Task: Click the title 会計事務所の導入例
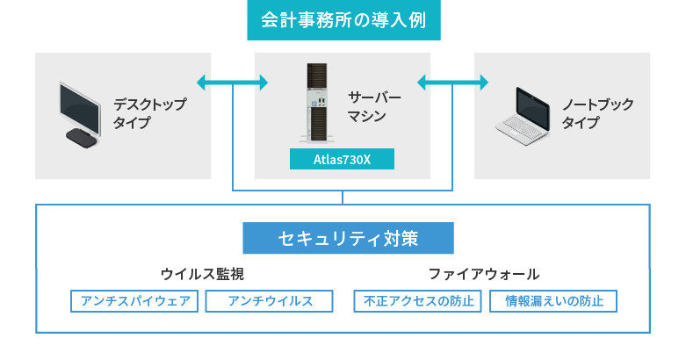tap(343, 20)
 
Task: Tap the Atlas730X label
tap(342, 159)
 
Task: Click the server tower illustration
tap(317, 104)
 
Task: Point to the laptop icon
tap(523, 117)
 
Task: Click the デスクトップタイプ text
tap(149, 113)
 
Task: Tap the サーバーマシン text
tap(374, 107)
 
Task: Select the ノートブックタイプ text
tap(597, 113)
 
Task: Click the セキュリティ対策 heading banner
tap(348, 238)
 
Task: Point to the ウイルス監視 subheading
tap(202, 274)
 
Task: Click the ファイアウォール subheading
tap(484, 274)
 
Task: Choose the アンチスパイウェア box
tap(134, 301)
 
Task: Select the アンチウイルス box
tap(269, 301)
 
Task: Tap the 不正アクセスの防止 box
tap(418, 301)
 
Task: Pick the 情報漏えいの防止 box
tap(553, 301)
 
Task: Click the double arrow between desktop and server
tap(232, 83)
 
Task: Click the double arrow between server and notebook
tap(452, 83)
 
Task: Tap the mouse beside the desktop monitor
tap(82, 138)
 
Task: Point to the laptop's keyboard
tap(520, 128)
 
